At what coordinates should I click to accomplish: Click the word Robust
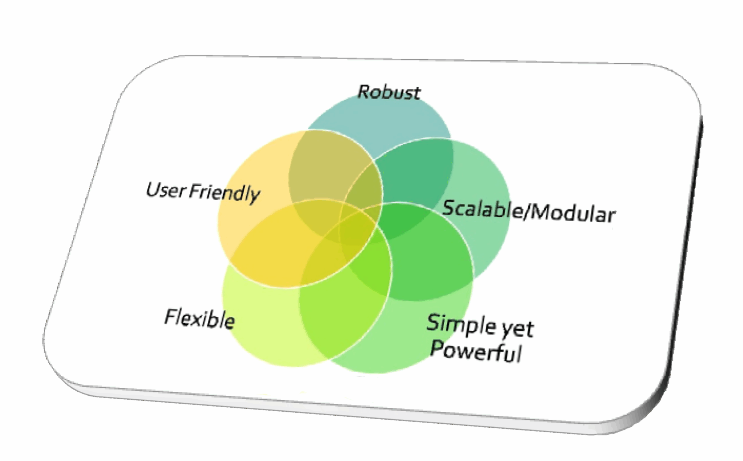[x=389, y=92]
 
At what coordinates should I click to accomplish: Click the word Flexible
[x=200, y=319]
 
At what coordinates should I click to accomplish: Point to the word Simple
[x=461, y=324]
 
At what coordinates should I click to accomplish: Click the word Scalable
[x=481, y=209]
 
